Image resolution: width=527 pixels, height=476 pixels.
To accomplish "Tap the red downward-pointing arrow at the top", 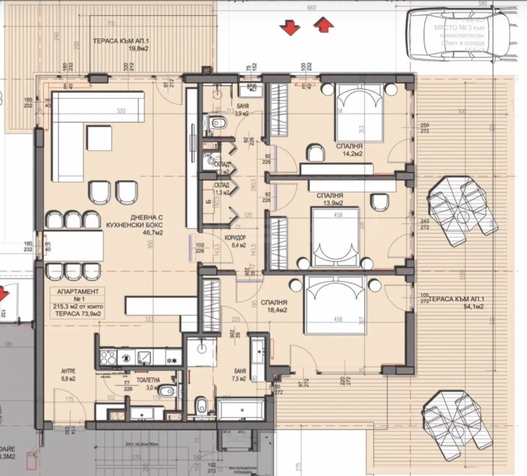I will (x=288, y=27).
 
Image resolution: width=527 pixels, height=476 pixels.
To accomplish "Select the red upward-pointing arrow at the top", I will (x=323, y=26).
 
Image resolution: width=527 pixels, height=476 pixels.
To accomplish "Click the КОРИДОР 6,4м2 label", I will (x=235, y=241).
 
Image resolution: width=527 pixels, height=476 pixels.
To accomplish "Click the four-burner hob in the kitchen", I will (x=108, y=357).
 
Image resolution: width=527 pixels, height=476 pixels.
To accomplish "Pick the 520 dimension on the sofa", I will (x=121, y=111).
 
